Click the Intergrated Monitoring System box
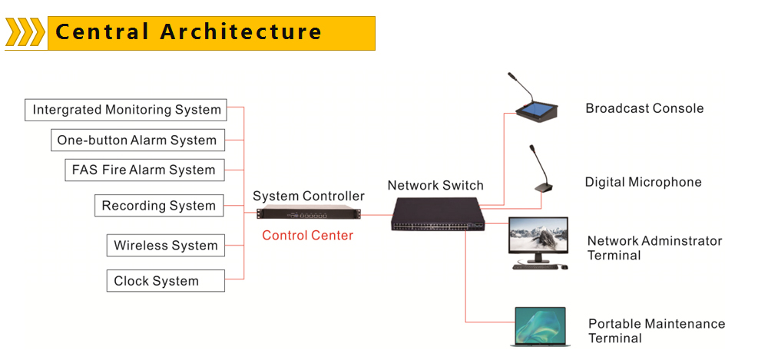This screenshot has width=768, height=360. [127, 110]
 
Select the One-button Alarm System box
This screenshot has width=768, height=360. [137, 140]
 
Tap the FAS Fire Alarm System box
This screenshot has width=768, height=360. [144, 170]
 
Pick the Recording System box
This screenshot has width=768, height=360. [159, 206]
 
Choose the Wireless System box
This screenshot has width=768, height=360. [166, 246]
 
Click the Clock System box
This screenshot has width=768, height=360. [166, 281]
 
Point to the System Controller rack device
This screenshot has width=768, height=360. [308, 215]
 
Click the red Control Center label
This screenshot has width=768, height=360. [307, 236]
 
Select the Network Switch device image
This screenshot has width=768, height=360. [435, 214]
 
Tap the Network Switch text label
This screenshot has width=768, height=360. [435, 186]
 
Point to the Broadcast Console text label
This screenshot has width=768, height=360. [644, 108]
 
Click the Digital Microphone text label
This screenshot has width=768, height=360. [643, 183]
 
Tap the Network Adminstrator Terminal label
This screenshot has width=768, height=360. [654, 248]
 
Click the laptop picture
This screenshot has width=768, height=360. [540, 325]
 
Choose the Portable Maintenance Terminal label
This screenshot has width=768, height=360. [656, 331]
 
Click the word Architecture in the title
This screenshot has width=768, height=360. [241, 32]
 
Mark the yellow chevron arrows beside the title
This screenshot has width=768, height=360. [25, 33]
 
